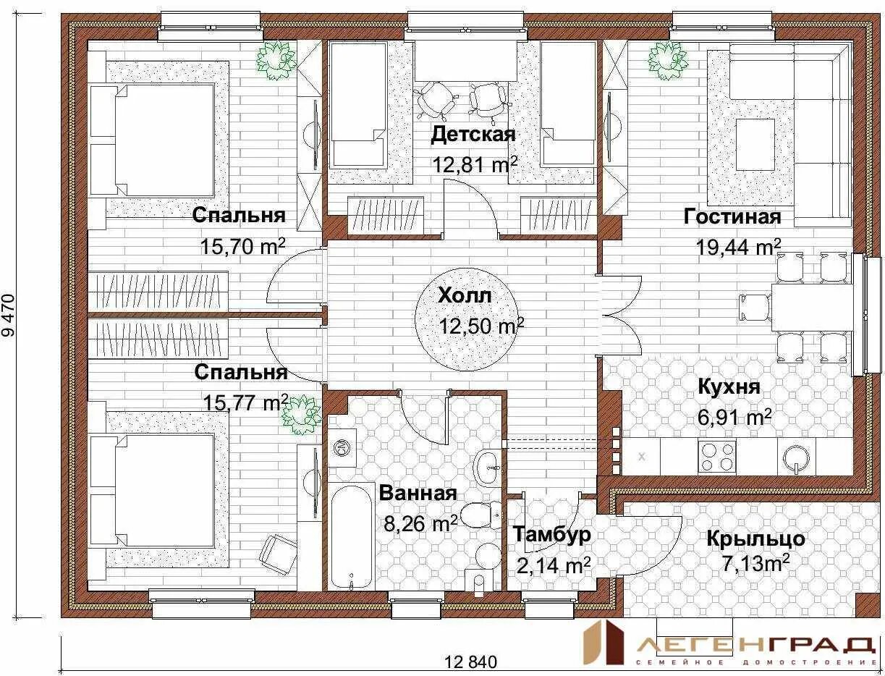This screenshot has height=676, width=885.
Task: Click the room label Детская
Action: pos(473,135)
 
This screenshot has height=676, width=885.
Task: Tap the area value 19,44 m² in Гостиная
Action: pos(738,248)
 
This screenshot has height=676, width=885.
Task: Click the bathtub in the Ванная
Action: pos(352,538)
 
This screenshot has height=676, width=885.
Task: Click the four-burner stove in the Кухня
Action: pos(717,456)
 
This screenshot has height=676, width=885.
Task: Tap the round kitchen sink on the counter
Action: pos(796,458)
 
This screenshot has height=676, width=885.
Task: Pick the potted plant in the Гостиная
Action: pos(668,61)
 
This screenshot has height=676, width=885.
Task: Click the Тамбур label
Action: pos(551,534)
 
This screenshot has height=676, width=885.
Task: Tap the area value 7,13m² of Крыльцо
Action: pos(755,562)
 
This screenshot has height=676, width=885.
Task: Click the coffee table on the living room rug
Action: pos(755,144)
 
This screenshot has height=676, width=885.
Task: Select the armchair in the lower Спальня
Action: pos(278,554)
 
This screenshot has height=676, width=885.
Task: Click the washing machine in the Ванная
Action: pos(342,447)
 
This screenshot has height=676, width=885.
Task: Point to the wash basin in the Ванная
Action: pos(488,468)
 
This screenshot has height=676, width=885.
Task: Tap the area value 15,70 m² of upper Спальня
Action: pos(242,246)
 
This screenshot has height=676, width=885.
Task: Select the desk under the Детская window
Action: pos(466,62)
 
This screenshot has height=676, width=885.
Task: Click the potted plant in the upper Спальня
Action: pos(276,62)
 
